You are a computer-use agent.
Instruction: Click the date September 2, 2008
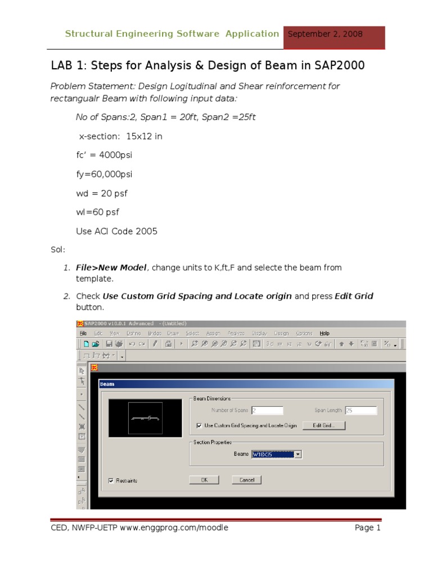click(325, 34)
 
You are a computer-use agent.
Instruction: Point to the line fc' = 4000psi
click(104, 155)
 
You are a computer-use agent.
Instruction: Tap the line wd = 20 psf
click(102, 193)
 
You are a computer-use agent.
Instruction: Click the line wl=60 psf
click(97, 212)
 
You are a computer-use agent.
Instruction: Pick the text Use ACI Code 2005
click(116, 231)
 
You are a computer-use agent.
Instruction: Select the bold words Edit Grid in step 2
click(354, 296)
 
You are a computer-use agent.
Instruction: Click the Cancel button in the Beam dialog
click(247, 480)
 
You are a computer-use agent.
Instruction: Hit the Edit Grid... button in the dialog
click(323, 425)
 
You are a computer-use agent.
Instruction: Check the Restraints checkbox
click(111, 481)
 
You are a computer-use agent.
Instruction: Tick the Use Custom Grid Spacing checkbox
click(199, 425)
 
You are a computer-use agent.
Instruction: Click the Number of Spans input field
click(267, 411)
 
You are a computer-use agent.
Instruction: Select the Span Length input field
click(360, 411)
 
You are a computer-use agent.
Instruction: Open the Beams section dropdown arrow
click(298, 454)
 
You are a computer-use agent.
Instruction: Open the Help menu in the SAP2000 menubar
click(325, 333)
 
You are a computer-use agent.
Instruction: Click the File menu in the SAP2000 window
click(83, 333)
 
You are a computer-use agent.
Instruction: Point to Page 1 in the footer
click(367, 528)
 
